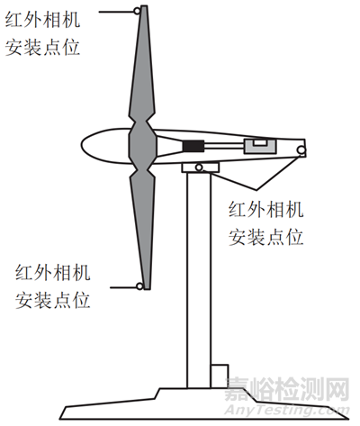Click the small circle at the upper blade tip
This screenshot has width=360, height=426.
[x=137, y=12]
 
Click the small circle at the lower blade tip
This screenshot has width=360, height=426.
[x=139, y=286]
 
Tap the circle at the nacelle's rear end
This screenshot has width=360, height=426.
[x=301, y=150]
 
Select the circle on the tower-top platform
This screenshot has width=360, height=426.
[x=199, y=168]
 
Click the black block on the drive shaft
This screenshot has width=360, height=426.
[x=193, y=146]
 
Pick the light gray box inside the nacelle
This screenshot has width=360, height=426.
[x=260, y=147]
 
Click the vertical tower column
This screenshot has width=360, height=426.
[x=198, y=280]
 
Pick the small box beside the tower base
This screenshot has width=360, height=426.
[x=220, y=376]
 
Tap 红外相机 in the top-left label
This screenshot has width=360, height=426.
[x=42, y=20]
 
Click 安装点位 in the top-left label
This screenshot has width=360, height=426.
[x=42, y=48]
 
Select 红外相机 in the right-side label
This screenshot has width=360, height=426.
[x=265, y=210]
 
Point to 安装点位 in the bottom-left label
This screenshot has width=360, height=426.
[x=53, y=300]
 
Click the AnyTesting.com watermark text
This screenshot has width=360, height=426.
[x=287, y=411]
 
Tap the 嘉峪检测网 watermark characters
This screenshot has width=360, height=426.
[x=287, y=389]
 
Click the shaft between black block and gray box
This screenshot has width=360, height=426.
[x=224, y=146]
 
